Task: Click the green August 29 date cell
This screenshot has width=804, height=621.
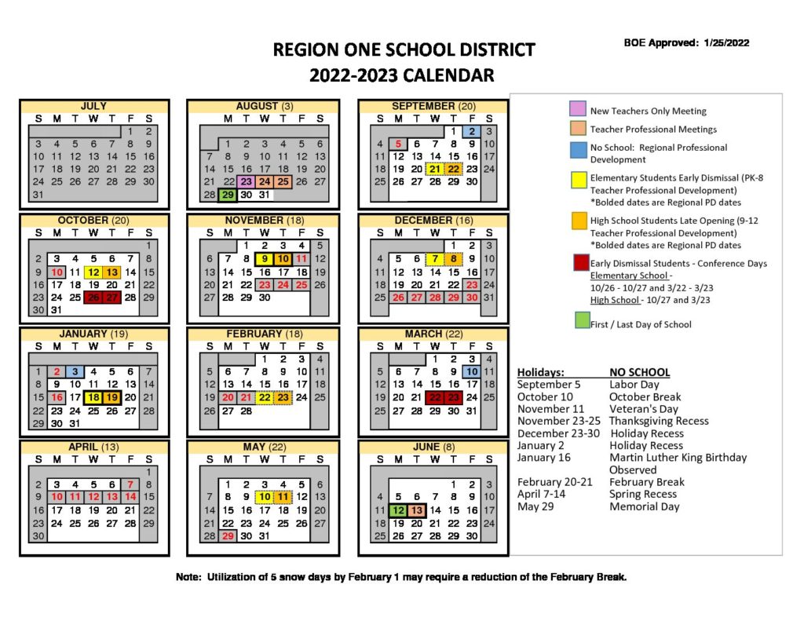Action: (x=227, y=195)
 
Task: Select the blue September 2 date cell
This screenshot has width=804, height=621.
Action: (x=473, y=132)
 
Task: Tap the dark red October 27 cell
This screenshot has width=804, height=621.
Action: (x=112, y=297)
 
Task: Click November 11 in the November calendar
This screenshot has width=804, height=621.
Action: (x=302, y=258)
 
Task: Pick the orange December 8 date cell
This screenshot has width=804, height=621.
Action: (x=454, y=258)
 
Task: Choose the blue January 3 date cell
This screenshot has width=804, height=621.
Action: (x=75, y=372)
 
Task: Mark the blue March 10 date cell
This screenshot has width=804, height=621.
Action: (x=472, y=372)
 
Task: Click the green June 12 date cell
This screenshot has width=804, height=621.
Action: (x=398, y=510)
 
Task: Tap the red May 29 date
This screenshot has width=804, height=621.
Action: (x=227, y=535)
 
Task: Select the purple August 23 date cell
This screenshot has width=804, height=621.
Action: (x=246, y=181)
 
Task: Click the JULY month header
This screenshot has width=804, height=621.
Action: (x=93, y=106)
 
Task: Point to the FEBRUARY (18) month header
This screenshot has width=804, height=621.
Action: (x=265, y=334)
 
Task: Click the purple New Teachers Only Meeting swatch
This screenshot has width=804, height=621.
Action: (x=577, y=110)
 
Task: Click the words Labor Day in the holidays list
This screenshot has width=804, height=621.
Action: (x=634, y=385)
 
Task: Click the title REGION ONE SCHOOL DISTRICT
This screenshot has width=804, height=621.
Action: (x=404, y=50)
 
